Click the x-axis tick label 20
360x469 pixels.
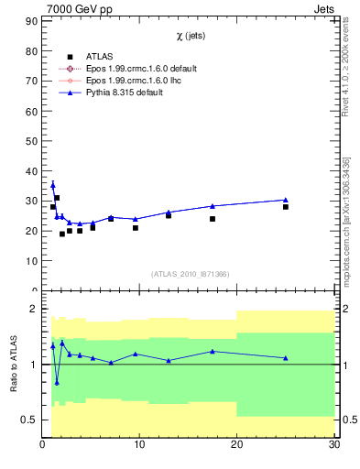point(236,445)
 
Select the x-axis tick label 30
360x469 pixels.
point(333,445)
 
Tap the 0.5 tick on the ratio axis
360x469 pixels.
point(29,420)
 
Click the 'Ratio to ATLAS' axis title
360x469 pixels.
point(15,364)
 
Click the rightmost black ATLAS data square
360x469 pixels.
point(286,207)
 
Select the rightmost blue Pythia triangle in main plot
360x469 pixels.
point(286,200)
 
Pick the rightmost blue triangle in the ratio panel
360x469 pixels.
point(286,358)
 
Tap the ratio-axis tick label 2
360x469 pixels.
point(33,309)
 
